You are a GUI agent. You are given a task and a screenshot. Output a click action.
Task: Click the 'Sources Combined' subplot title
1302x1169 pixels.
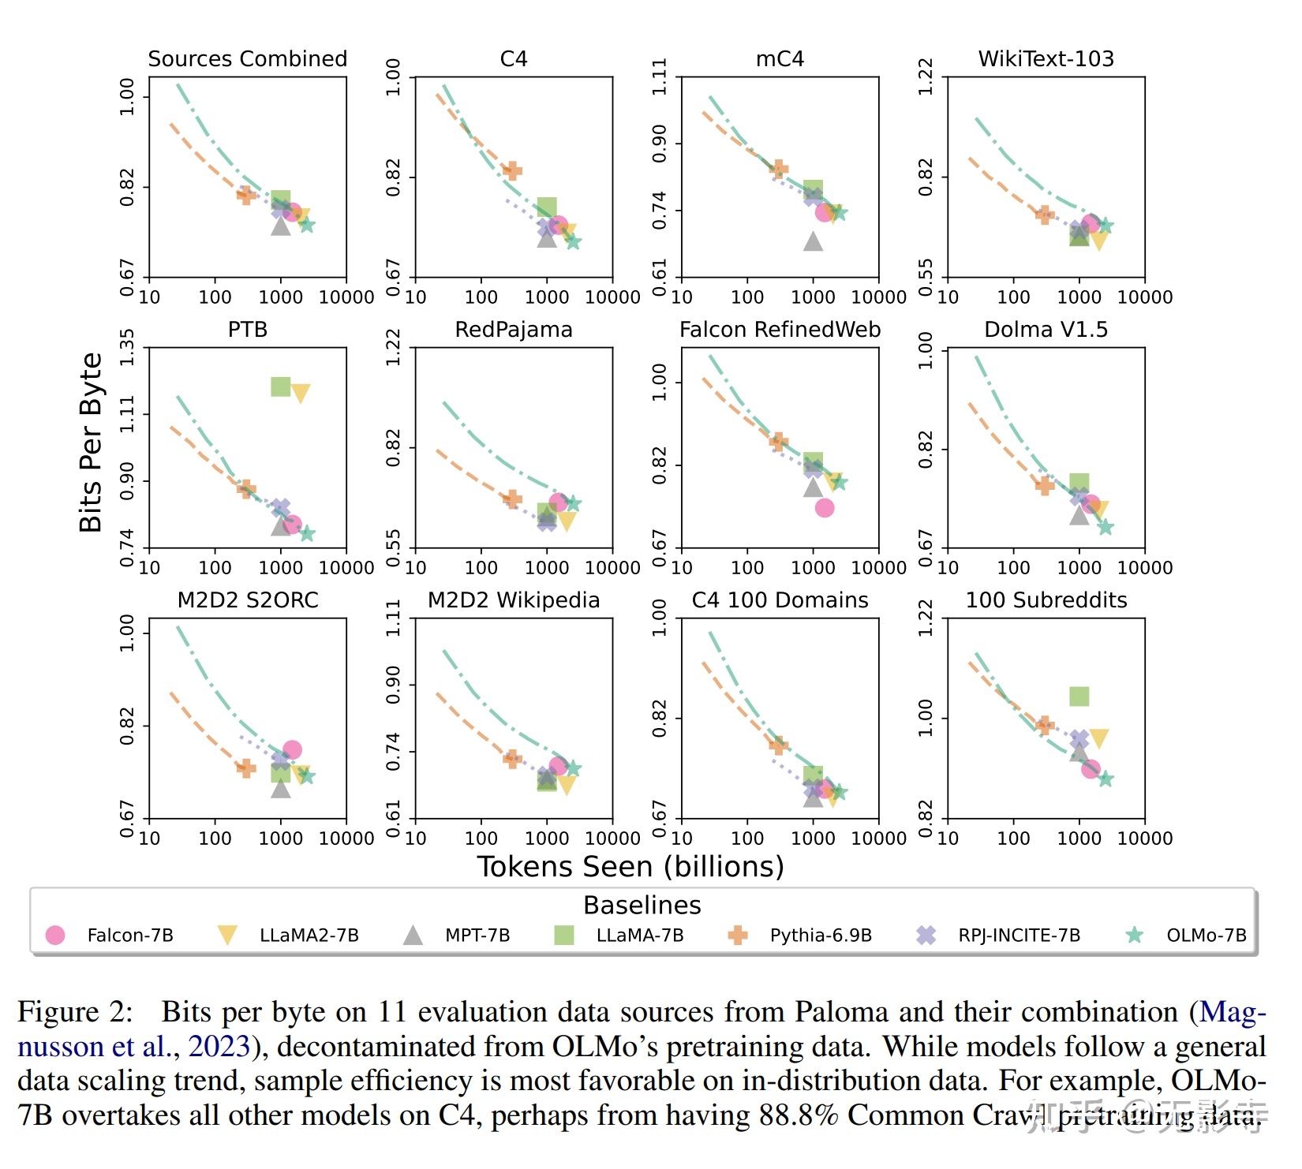click(x=247, y=59)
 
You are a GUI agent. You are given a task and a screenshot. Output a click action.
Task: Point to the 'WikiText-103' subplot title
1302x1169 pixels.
click(x=1046, y=59)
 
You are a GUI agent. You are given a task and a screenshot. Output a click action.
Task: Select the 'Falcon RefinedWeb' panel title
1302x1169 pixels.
click(x=780, y=330)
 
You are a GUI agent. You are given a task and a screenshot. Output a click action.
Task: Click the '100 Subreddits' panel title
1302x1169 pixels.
click(x=1046, y=600)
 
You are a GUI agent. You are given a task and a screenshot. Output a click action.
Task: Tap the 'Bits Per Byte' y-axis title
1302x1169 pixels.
click(x=91, y=443)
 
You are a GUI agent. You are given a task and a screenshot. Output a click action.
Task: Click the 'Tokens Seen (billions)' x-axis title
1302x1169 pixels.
click(x=630, y=866)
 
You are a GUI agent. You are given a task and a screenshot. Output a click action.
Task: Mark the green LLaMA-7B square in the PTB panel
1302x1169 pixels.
click(x=280, y=387)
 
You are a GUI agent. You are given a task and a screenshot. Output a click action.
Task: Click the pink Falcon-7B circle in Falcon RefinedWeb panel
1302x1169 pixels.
click(x=825, y=507)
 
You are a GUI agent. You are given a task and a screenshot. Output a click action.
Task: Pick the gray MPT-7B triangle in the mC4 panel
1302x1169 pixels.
click(x=813, y=241)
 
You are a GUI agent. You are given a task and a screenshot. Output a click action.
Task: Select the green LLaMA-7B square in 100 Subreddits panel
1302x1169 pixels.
click(x=1079, y=696)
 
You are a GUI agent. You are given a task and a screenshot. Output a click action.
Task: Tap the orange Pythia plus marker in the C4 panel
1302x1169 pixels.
click(x=512, y=170)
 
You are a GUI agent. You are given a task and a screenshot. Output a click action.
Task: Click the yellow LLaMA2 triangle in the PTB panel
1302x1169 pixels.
click(x=300, y=393)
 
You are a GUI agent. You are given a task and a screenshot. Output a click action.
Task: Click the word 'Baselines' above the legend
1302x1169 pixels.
click(x=642, y=906)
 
